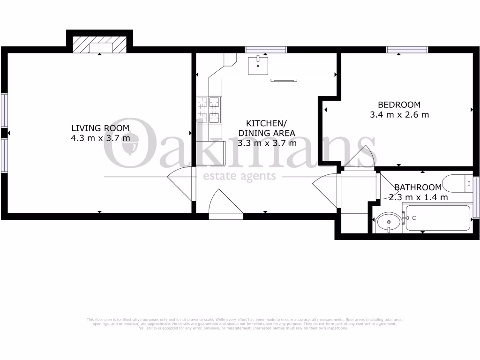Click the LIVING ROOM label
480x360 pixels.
coord(100,128)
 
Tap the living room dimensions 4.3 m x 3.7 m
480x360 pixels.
coord(100,138)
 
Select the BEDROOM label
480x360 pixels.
coord(399,105)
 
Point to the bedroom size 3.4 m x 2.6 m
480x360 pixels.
coord(399,114)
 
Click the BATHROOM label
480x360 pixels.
coord(418,187)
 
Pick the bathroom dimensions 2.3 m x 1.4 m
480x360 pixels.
coord(418,197)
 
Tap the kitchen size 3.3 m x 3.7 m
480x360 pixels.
coord(267,143)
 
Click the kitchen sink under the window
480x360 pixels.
coord(258,65)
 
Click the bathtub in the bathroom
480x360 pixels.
coord(437,218)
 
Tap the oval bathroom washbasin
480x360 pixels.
coord(388,221)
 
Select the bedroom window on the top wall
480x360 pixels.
coord(407,49)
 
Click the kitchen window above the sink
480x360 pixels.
coord(266,49)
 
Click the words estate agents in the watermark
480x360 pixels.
coord(239,176)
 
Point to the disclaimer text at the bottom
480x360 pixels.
coord(240,324)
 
